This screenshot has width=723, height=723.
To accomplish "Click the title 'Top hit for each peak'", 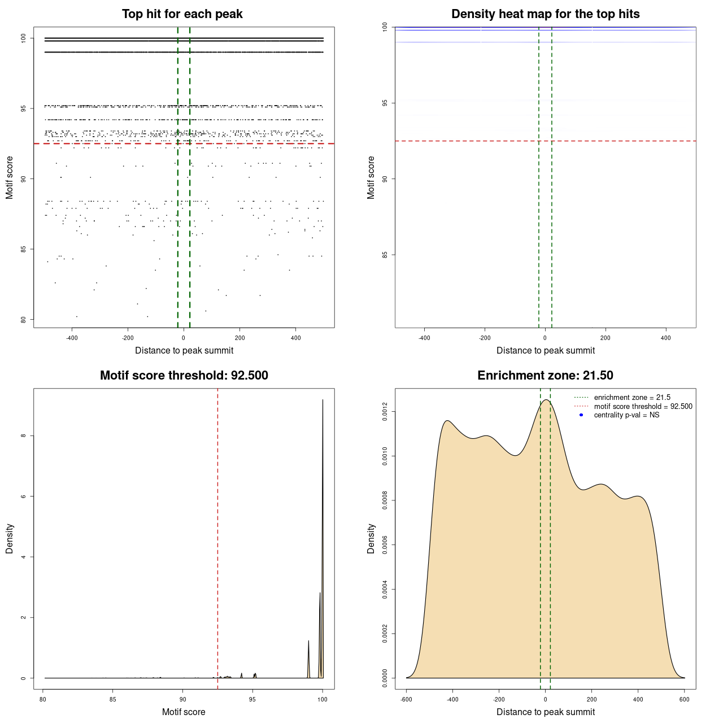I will click(182, 14).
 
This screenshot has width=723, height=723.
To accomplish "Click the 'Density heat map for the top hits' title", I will click(545, 14).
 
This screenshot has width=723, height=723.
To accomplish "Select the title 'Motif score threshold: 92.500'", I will click(184, 376).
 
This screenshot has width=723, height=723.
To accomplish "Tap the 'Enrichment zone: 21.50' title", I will click(545, 376).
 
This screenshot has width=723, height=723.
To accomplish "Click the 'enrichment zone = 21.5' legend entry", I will click(632, 398).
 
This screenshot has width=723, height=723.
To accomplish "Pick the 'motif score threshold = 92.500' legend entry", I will click(643, 406).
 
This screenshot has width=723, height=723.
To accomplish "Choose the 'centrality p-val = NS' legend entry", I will click(626, 415).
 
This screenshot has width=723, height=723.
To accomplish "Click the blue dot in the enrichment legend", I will click(581, 415).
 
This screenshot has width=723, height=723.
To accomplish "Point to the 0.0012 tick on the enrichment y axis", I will click(385, 412).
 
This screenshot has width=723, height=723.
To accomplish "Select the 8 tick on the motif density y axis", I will click(23, 435).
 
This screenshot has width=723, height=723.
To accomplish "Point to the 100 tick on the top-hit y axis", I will click(23, 38).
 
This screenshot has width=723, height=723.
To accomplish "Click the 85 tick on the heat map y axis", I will click(385, 255).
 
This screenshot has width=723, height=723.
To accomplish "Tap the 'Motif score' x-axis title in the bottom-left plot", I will click(184, 712).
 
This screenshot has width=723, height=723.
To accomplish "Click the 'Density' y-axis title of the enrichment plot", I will click(371, 538).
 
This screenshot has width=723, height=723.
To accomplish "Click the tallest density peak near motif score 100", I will click(323, 400).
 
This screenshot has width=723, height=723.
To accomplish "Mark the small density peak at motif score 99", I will click(308, 641).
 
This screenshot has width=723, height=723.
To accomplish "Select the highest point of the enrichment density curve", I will click(546, 400).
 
